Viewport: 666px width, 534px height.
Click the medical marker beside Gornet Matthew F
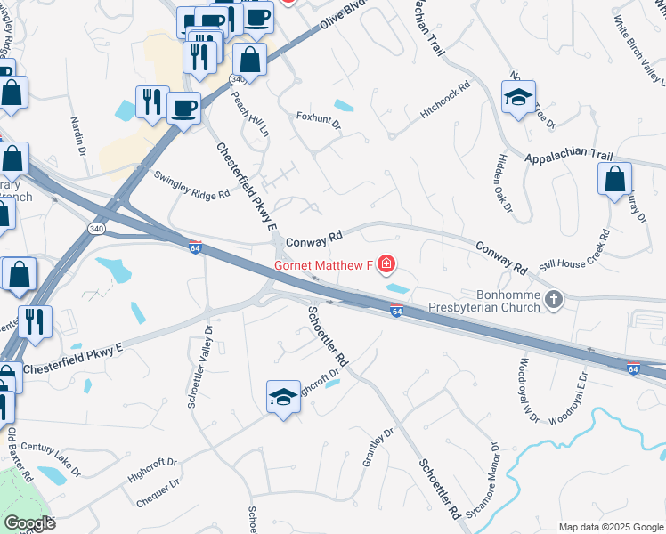click(386, 264)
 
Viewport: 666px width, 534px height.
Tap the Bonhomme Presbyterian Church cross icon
click(555, 299)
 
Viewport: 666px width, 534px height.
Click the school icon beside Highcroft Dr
click(283, 397)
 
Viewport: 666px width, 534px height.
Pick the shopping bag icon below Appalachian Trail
click(615, 180)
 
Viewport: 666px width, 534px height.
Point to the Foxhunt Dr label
click(319, 119)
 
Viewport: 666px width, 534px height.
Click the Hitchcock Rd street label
click(445, 102)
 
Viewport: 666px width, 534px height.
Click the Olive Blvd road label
click(341, 21)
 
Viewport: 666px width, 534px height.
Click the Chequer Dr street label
click(158, 492)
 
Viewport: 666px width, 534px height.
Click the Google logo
click(29, 523)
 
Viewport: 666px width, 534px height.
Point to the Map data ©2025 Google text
click(610, 527)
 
